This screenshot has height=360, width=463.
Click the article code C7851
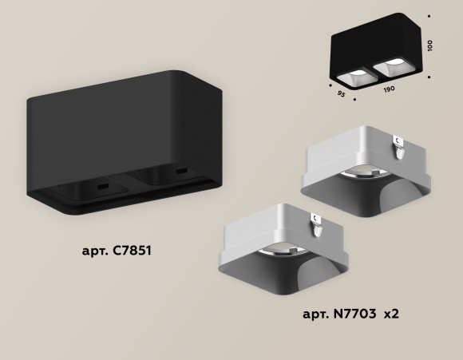pyautogui.click(x=130, y=251)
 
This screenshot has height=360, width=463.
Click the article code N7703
pyautogui.click(x=353, y=314)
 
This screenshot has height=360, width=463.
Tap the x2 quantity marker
pyautogui.click(x=391, y=314)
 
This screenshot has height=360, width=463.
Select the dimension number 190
pyautogui.click(x=388, y=89)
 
